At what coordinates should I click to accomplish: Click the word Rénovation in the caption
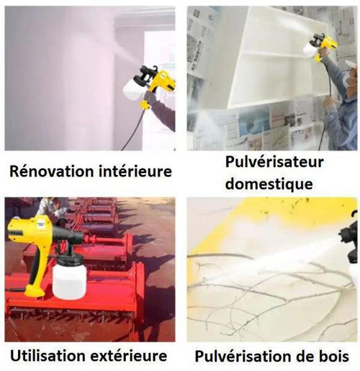pos(52,171)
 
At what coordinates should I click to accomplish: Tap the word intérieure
pos(135,171)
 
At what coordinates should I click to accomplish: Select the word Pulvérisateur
pos(274,162)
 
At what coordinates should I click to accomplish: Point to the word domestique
pos(269,184)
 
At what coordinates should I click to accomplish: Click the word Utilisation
pos(48,356)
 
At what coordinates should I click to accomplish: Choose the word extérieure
pos(128,356)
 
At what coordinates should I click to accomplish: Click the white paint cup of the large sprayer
pos(69,282)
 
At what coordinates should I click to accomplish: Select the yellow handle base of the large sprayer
pos(35,291)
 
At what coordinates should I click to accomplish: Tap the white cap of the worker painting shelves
pos(351,64)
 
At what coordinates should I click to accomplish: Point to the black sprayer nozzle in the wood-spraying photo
pos(350,237)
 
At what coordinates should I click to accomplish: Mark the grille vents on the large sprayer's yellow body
pos(15,233)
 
